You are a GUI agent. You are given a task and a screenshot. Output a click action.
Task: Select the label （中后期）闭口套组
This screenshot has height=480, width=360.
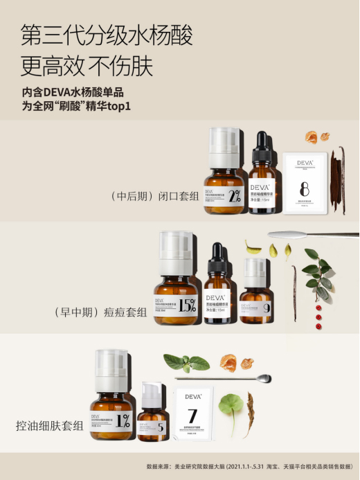click(156, 196)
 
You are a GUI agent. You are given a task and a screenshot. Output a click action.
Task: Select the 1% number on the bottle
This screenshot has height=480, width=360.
click(123, 420)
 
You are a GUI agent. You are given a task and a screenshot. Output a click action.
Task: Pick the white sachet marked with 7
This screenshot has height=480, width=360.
click(195, 416)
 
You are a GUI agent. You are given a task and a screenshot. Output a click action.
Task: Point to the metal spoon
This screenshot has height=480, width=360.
click(228, 378)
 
